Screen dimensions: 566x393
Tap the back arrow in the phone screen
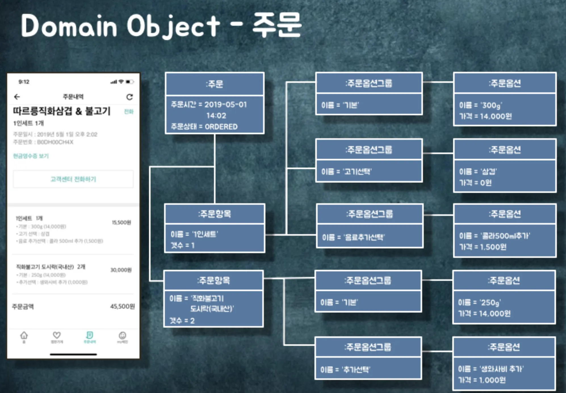pyautogui.click(x=17, y=97)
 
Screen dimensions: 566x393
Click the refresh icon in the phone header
pyautogui.click(x=129, y=97)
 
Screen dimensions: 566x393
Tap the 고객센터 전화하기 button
pyautogui.click(x=73, y=179)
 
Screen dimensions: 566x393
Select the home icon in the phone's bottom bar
pyautogui.click(x=24, y=336)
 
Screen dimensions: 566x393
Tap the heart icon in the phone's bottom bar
pyautogui.click(x=57, y=335)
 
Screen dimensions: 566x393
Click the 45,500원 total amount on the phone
pyautogui.click(x=122, y=306)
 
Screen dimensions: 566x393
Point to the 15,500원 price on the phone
pyautogui.click(x=121, y=222)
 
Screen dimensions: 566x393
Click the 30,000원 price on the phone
pyautogui.click(x=121, y=270)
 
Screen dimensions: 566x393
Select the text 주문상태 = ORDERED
pyautogui.click(x=204, y=127)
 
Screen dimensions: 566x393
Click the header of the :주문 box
pyautogui.click(x=215, y=84)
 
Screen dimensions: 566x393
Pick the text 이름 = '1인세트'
pyautogui.click(x=194, y=234)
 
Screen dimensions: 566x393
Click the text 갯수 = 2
pyautogui.click(x=182, y=321)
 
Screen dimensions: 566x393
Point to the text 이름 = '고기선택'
pyautogui.click(x=346, y=172)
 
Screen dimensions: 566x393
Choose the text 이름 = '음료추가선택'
pyautogui.click(x=353, y=237)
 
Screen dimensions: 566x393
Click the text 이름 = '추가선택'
pyautogui.click(x=345, y=369)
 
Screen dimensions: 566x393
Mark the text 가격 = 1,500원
pyautogui.click(x=483, y=247)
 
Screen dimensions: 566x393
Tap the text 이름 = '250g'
pyautogui.click(x=479, y=302)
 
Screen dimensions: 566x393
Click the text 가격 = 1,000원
pyautogui.click(x=482, y=380)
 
